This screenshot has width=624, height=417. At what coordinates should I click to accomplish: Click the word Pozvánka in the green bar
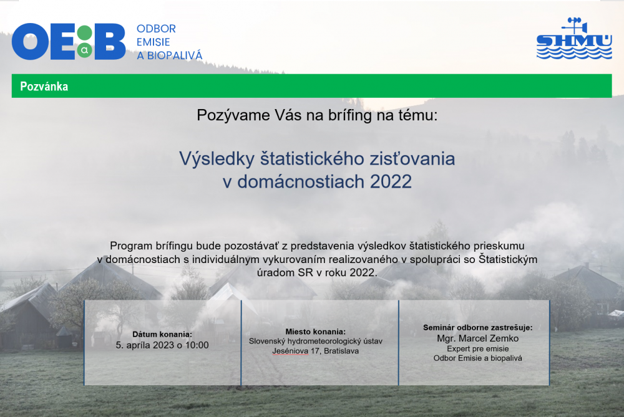(44, 86)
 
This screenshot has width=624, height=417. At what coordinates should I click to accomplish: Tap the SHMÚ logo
(574, 38)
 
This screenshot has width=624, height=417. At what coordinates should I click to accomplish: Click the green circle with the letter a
(84, 50)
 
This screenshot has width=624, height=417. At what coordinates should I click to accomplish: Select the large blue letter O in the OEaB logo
(30, 41)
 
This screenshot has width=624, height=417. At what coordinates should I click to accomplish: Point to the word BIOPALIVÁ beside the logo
(175, 55)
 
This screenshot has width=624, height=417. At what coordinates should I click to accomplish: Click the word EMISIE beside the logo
(154, 42)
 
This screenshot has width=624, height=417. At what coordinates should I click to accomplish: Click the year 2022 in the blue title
(391, 181)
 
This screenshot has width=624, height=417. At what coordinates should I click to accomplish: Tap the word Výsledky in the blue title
(217, 158)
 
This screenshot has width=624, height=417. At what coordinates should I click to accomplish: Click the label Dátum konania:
(162, 334)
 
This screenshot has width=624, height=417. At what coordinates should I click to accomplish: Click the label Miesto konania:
(316, 332)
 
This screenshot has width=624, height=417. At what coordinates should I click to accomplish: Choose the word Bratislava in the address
(341, 351)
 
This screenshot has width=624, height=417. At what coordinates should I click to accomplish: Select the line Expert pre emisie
(478, 348)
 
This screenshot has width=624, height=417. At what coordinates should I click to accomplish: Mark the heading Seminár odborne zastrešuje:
(478, 328)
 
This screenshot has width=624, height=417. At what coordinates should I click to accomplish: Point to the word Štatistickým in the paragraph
(508, 259)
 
